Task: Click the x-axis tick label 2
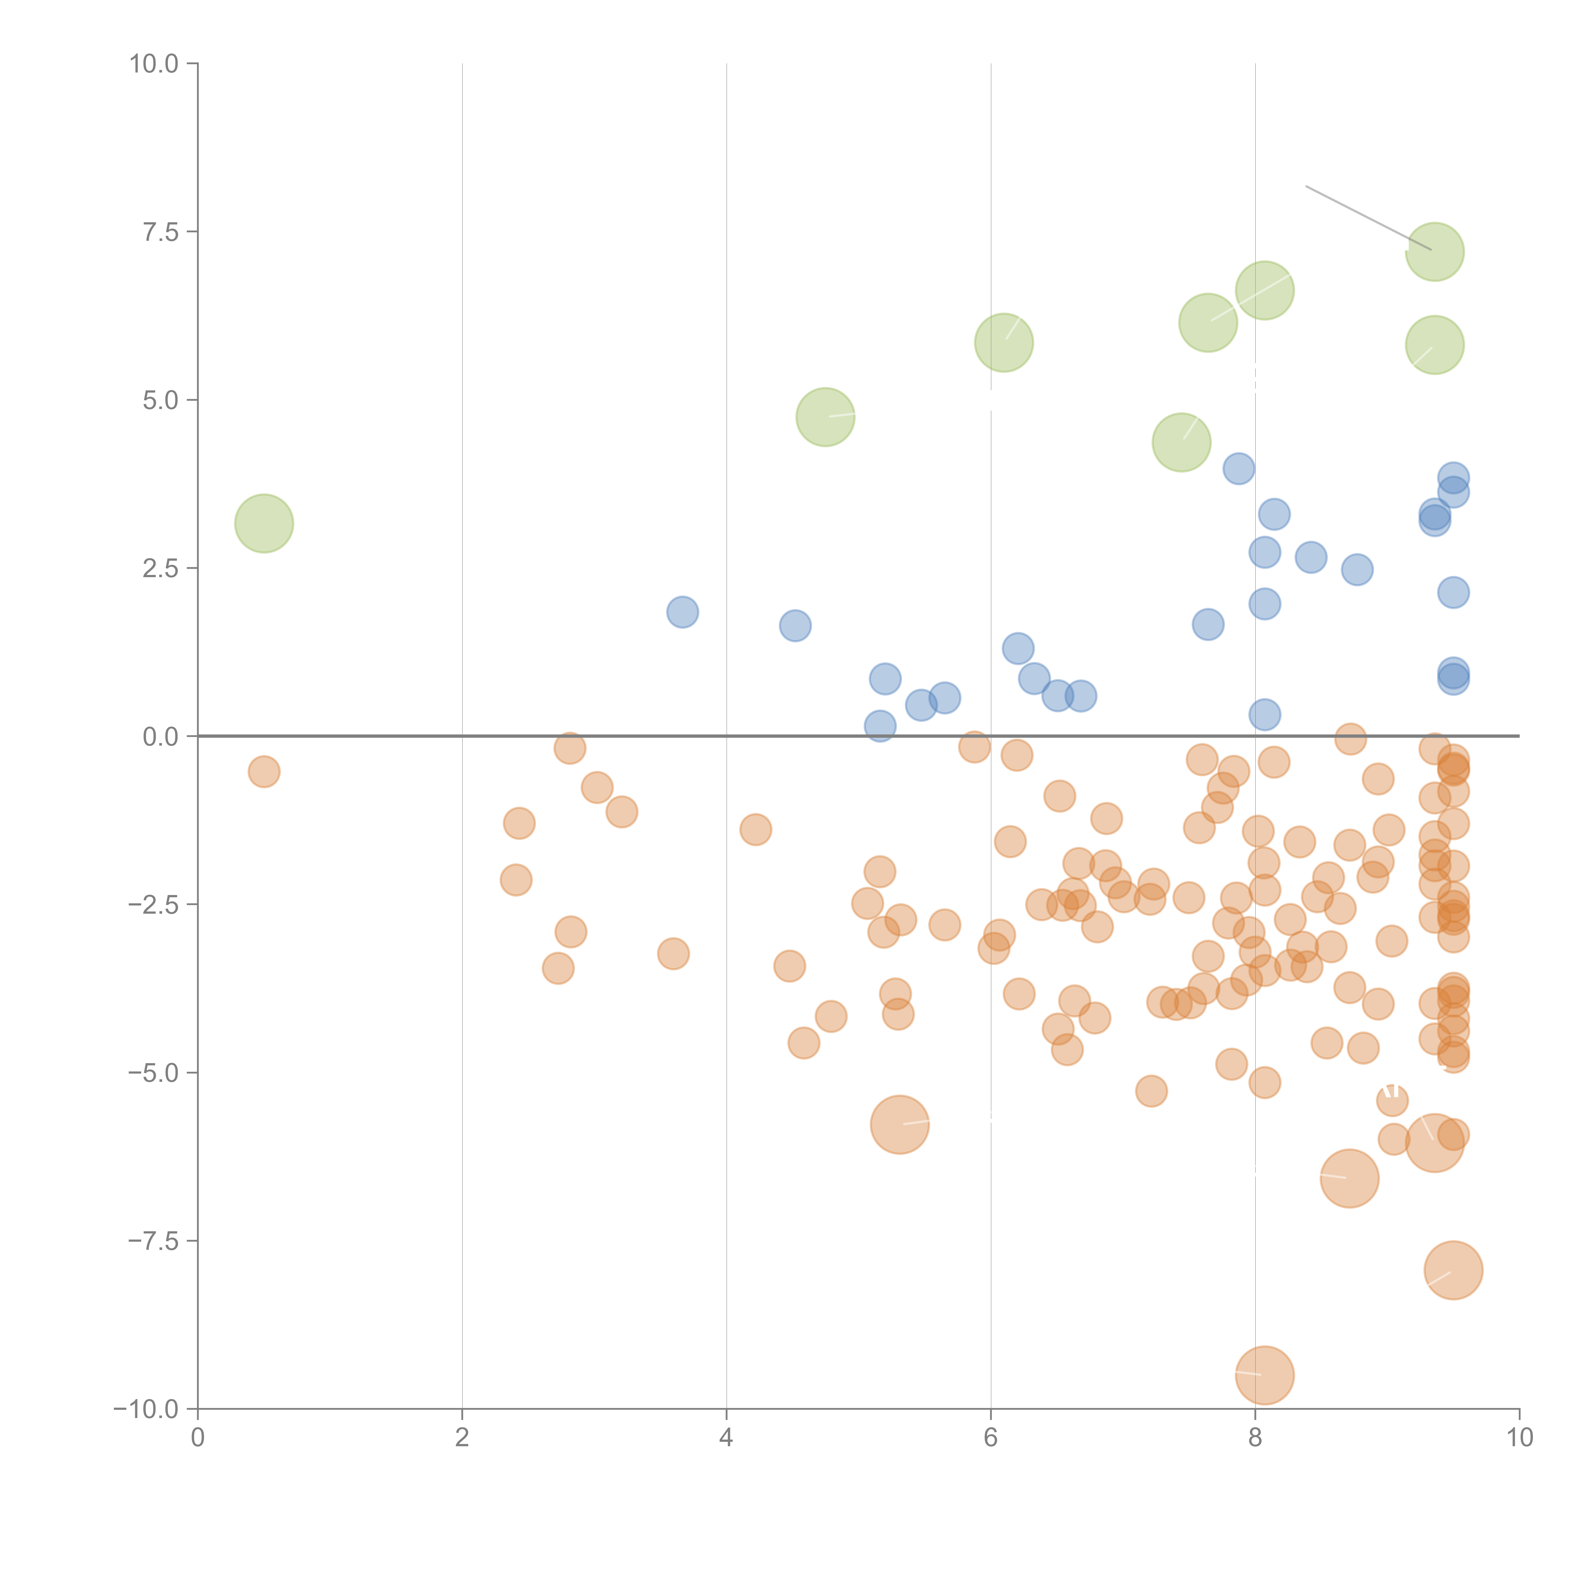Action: coord(462,1438)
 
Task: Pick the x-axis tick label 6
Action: coord(991,1438)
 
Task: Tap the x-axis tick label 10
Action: coord(1519,1438)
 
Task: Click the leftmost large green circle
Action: coord(264,524)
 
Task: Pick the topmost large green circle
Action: coord(1435,252)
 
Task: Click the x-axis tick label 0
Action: coord(198,1438)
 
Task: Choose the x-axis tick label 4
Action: coord(726,1438)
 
